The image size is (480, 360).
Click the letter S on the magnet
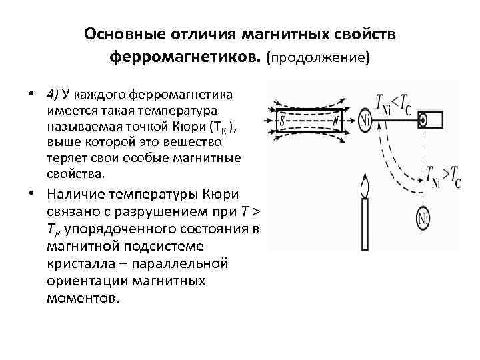coord(283,121)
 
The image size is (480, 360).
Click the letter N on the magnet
coord(337,121)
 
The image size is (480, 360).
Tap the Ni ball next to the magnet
coord(365,121)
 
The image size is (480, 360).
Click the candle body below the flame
coord(364,223)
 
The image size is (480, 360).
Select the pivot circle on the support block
coord(423,121)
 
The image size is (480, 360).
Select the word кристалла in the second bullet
coord(78,263)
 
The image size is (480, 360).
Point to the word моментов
coord(83,297)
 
